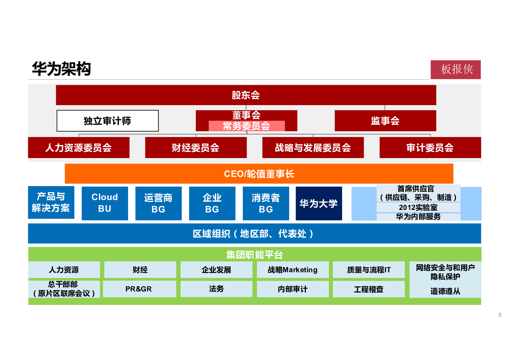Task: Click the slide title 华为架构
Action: (x=61, y=69)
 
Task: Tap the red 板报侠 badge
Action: (x=456, y=70)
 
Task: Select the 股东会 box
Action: (x=246, y=95)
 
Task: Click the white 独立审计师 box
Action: (x=107, y=121)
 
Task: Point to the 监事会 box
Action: (x=385, y=121)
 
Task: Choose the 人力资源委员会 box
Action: (x=79, y=148)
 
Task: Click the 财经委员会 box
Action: (x=196, y=148)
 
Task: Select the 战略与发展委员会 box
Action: (x=313, y=148)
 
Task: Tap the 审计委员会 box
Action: (x=430, y=148)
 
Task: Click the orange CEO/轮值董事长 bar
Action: (x=259, y=174)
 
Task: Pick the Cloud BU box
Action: (x=105, y=203)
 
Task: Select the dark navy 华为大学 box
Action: (x=319, y=203)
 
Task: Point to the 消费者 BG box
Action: (x=266, y=203)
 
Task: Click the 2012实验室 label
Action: (x=418, y=207)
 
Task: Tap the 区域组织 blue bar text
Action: (x=253, y=234)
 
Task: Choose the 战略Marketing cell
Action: (x=293, y=270)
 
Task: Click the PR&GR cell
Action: (x=139, y=289)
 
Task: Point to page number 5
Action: (x=500, y=315)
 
